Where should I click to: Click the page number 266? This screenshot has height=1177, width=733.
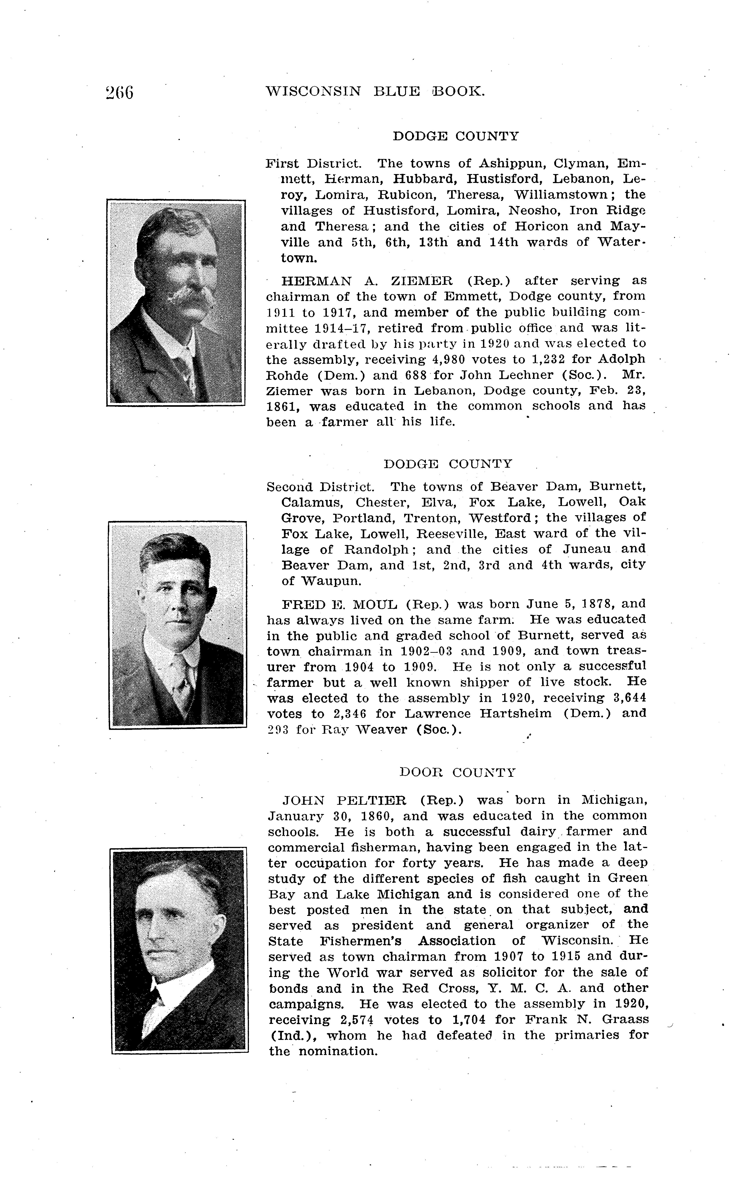point(119,92)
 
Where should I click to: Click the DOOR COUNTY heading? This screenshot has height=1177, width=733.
point(457,772)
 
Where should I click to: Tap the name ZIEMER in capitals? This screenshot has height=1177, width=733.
point(421,281)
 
